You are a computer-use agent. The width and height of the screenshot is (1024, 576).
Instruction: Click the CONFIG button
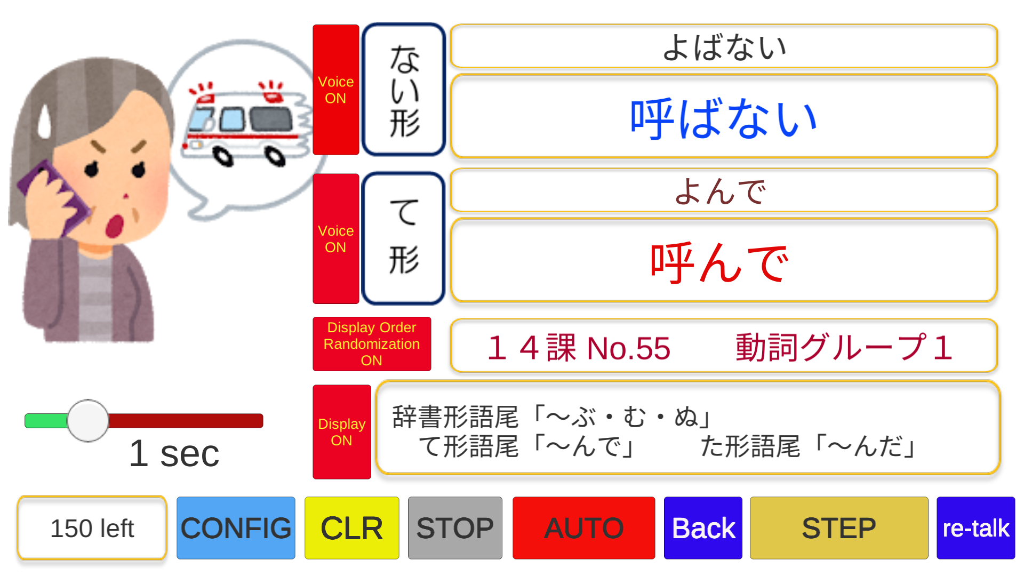[236, 528]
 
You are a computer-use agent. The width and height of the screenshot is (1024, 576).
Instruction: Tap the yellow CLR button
[351, 528]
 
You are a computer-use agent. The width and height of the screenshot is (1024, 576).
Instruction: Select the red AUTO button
[583, 528]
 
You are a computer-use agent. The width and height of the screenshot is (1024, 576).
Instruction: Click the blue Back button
[703, 528]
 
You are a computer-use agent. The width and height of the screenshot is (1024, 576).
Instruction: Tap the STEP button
[838, 528]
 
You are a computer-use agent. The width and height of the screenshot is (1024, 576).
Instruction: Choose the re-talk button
[975, 528]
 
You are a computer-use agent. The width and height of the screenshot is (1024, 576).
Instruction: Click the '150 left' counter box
[92, 528]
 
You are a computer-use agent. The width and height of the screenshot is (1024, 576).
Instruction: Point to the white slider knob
[88, 421]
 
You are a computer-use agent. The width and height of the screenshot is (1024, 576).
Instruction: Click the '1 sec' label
[174, 454]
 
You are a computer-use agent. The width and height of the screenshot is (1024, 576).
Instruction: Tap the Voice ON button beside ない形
[335, 90]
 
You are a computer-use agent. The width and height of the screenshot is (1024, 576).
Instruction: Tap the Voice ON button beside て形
[335, 239]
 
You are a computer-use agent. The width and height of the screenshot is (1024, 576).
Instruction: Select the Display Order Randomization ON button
[371, 344]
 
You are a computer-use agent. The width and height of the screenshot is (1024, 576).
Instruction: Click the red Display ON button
[341, 432]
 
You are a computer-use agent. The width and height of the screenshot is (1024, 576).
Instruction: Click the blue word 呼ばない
[723, 118]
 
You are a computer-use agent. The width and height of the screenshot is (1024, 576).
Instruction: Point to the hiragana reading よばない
[724, 47]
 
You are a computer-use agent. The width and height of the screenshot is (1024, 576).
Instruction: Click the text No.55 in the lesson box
[628, 348]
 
